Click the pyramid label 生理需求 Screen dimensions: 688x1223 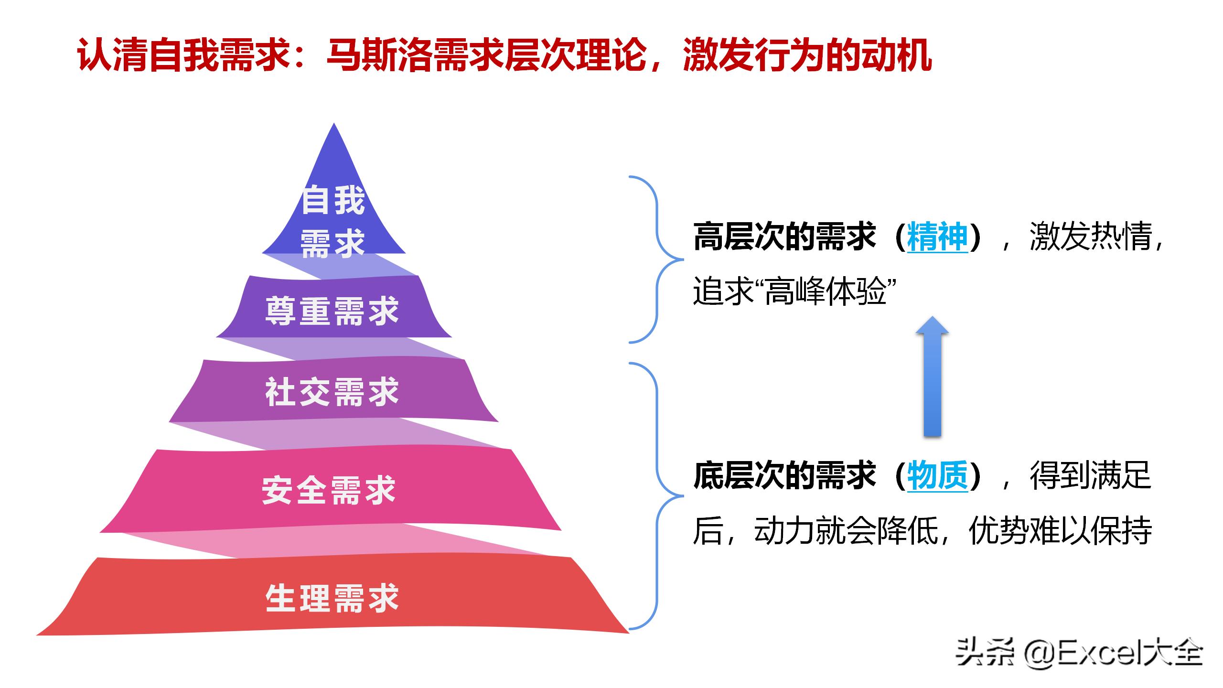[x=332, y=598]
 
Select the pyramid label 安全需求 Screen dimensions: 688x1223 [x=329, y=490]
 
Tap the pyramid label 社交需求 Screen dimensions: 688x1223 [x=332, y=392]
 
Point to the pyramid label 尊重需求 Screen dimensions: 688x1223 [x=332, y=311]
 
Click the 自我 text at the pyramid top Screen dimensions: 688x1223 [x=333, y=200]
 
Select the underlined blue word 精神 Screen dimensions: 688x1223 [x=937, y=236]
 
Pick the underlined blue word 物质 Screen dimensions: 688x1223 [x=937, y=476]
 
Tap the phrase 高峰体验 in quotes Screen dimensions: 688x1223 [x=826, y=291]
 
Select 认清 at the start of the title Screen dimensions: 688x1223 [x=113, y=55]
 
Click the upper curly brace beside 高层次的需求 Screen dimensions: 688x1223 [x=657, y=260]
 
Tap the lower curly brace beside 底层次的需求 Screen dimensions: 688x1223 [x=657, y=496]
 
